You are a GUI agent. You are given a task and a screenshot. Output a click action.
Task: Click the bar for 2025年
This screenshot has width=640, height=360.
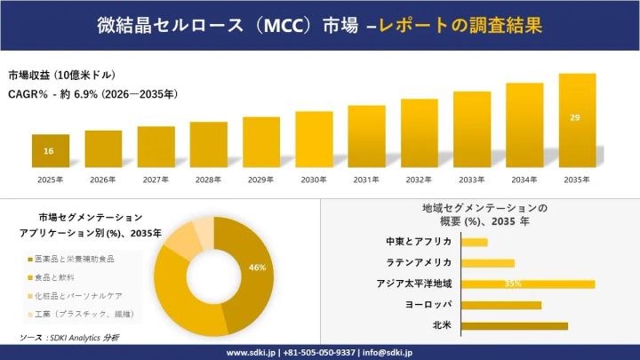pyautogui.click(x=50, y=150)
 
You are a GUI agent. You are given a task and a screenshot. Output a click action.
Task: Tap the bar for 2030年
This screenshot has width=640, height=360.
pyautogui.click(x=314, y=139)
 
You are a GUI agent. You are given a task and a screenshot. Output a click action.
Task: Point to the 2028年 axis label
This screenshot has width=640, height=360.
pyautogui.click(x=208, y=180)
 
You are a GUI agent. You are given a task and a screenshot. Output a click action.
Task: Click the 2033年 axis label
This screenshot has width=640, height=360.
pyautogui.click(x=472, y=180)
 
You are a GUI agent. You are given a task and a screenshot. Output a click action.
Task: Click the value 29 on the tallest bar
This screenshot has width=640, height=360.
pyautogui.click(x=576, y=117)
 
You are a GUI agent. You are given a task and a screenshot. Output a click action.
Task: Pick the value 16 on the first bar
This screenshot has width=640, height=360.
pyautogui.click(x=49, y=151)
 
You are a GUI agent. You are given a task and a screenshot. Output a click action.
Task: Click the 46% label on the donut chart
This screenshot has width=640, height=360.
pyautogui.click(x=257, y=268)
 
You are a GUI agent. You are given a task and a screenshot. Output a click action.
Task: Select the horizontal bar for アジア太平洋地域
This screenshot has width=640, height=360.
pyautogui.click(x=529, y=284)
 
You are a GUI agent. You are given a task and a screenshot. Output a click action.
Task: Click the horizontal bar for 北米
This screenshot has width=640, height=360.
pyautogui.click(x=516, y=326)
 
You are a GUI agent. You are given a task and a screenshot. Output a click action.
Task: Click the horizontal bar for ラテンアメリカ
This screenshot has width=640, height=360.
pyautogui.click(x=488, y=263)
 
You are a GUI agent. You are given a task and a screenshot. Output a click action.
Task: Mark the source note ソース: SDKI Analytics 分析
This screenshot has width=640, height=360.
pyautogui.click(x=69, y=338)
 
